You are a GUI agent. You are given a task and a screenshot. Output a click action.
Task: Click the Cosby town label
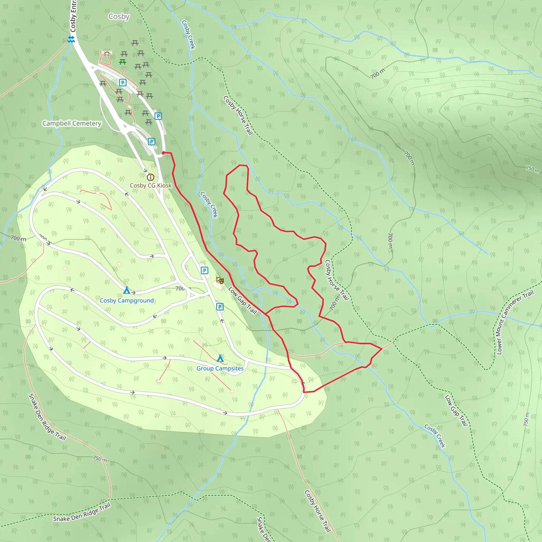click(119, 17)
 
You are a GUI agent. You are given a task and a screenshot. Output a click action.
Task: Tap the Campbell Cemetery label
click(72, 123)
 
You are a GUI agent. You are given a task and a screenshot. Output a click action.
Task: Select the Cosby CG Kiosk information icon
click(150, 177)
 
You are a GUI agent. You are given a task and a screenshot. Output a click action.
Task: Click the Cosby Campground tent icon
click(127, 290)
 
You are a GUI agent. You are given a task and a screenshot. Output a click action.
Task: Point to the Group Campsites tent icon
click(220, 358)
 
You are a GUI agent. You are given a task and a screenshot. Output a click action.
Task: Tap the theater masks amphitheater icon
click(220, 280)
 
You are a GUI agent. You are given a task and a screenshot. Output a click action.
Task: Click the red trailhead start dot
click(163, 153)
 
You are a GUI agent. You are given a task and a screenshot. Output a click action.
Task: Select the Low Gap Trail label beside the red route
click(243, 300)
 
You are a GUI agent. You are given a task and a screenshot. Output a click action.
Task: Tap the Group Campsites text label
click(220, 368)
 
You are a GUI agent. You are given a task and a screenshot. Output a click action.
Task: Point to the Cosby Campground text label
click(127, 300)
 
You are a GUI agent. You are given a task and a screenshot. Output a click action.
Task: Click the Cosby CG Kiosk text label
click(150, 186)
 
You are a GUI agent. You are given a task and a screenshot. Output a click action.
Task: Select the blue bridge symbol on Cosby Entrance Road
click(71, 39)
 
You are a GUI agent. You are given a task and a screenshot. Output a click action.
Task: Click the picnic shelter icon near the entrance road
click(107, 52)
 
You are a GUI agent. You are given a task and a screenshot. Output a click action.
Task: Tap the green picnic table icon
click(123, 62)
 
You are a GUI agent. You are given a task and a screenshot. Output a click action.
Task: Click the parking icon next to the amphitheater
click(205, 270)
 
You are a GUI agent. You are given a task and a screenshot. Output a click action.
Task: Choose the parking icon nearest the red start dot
click(151, 142)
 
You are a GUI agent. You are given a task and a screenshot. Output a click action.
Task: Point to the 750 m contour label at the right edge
click(532, 169)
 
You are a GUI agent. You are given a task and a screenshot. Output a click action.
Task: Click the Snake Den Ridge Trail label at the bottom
click(82, 512)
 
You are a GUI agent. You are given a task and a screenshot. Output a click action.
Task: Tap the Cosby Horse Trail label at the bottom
click(318, 511)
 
